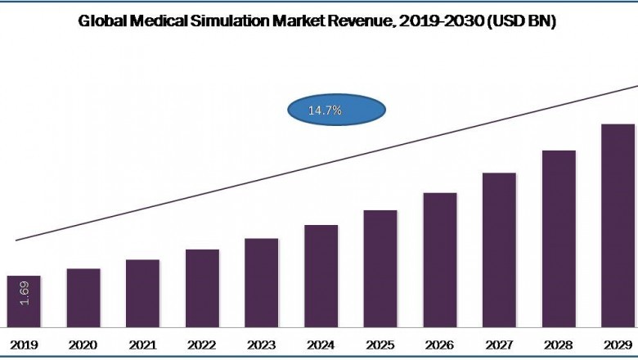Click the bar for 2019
[24, 301]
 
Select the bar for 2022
[202, 288]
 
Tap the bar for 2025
[380, 268]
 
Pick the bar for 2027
[499, 250]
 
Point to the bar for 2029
[618, 226]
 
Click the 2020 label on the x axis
[83, 345]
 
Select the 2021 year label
[142, 345]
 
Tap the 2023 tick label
[262, 345]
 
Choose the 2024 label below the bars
[321, 345]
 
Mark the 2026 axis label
[440, 345]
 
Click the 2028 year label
[559, 345]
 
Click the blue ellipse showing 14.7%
[336, 110]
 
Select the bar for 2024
[321, 276]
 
